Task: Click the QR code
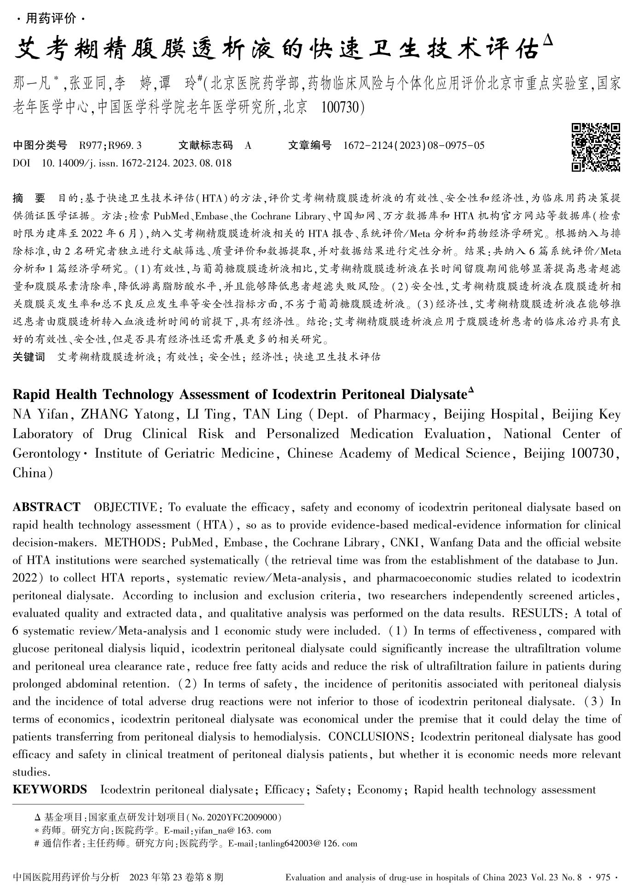coord(595,147)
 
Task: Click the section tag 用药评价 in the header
coord(51,19)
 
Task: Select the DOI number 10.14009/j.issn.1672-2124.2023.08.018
coord(136,163)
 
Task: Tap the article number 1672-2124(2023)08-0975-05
coord(413,146)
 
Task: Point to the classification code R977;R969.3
coord(110,146)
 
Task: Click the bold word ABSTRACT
coord(46,507)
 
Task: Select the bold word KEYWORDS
coord(49,789)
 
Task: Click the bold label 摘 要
coord(29,199)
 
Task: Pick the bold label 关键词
coord(29,357)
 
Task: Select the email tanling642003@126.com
coord(308,844)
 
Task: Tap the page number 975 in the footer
coord(603,877)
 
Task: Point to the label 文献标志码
coord(205,146)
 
